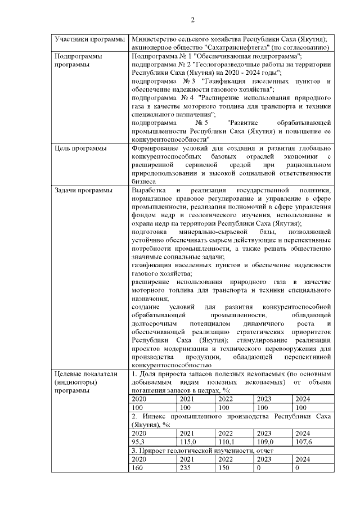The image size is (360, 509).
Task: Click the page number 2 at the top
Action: (192, 21)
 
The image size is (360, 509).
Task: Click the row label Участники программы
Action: (89, 40)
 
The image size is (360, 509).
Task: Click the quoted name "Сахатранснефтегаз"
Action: (220, 48)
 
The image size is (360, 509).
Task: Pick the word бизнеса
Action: (143, 181)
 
